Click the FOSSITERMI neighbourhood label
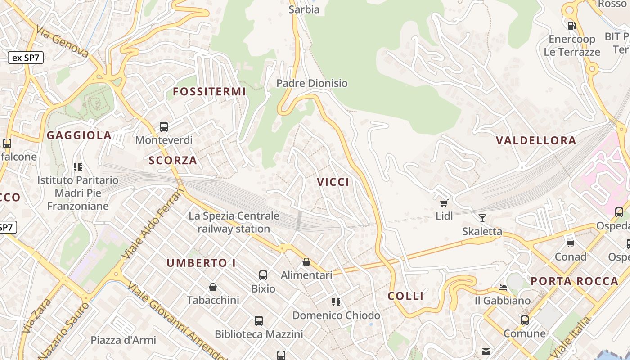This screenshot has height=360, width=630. [209, 92]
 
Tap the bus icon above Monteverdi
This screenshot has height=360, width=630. [164, 127]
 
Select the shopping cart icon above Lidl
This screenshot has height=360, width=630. [444, 203]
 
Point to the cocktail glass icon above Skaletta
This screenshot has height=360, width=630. [482, 218]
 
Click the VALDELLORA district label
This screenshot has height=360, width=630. [535, 140]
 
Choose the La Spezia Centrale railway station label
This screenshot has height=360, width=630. [234, 222]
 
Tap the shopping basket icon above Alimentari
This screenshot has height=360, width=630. [306, 262]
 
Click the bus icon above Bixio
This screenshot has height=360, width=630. [263, 275]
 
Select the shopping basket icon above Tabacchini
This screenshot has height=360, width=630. [213, 287]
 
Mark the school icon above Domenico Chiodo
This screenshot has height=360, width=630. [336, 302]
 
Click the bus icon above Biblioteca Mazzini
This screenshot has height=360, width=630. [259, 321]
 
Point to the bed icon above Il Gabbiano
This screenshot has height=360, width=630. [503, 287]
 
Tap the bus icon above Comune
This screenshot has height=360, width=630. [525, 320]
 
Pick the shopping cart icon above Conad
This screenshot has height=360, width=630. [571, 243]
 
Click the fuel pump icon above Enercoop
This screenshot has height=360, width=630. [571, 26]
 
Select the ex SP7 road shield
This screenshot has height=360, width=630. [26, 58]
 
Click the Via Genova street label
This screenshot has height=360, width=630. [63, 42]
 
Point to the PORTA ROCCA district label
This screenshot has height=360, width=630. [574, 281]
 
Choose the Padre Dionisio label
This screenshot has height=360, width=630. [312, 83]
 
